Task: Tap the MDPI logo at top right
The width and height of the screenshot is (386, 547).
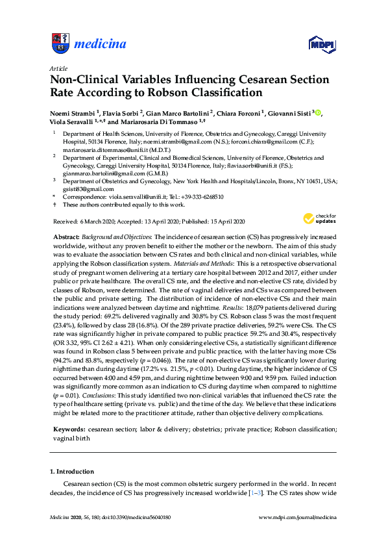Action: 322,44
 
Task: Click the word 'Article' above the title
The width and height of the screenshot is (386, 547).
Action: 59,68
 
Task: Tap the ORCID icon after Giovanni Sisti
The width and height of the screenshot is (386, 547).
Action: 318,112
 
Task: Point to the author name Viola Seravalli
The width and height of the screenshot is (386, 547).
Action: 70,121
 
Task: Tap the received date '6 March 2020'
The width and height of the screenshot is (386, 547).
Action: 102,222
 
